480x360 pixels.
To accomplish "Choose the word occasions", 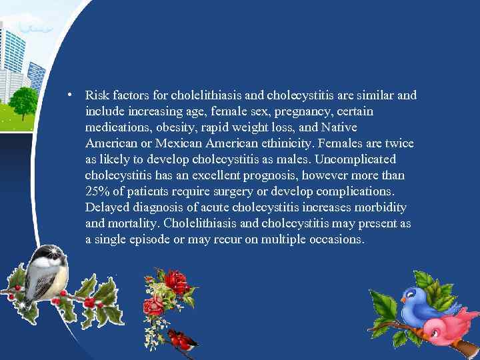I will (x=336, y=239).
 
